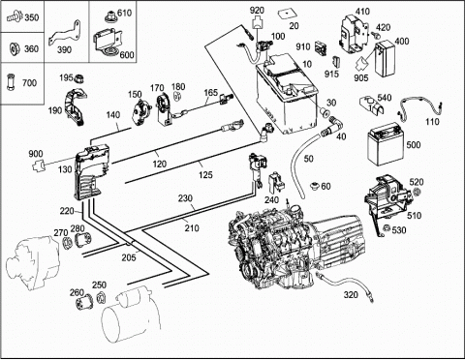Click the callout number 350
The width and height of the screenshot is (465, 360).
pos(32,17)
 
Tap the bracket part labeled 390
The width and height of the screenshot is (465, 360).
pos(66,35)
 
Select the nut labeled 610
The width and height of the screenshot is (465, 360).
pos(111,15)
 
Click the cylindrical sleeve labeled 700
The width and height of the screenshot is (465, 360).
pos(11,82)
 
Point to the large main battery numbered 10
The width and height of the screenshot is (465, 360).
pos(287,95)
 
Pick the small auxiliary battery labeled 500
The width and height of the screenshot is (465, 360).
pos(384,144)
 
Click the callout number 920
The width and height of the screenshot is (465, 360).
pos(257,11)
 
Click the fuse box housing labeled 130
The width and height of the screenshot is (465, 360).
pos(91,171)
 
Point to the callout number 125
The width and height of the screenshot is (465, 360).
pos(205,175)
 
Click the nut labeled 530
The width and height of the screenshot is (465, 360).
pos(386,228)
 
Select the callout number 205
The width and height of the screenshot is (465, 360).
pos(129,257)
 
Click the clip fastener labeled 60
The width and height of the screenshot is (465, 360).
pos(315,186)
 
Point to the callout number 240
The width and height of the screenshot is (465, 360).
pos(271,200)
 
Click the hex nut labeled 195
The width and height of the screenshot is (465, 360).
pos(79,77)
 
